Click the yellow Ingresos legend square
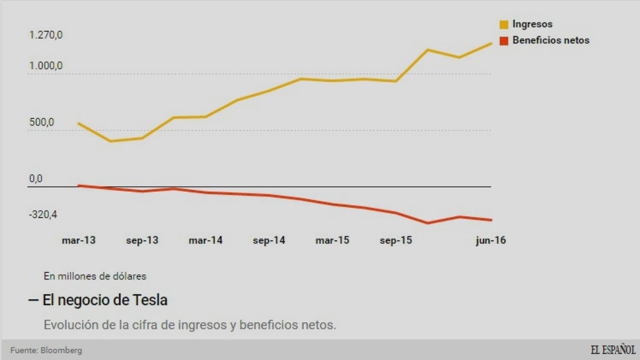[x=504, y=25]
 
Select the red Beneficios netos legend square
[x=504, y=41]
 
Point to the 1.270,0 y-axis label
[x=46, y=35]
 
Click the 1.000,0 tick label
[x=46, y=66]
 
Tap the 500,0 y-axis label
[x=42, y=122]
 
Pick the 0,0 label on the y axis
[x=36, y=179]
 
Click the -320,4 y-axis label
[x=43, y=214]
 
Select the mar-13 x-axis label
[x=79, y=240]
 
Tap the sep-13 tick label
[x=142, y=240]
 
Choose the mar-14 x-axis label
[x=206, y=240]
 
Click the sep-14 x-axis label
[x=269, y=240]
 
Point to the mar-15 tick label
[x=332, y=240]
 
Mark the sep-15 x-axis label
[x=396, y=240]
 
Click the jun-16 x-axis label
[x=491, y=240]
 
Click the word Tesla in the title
[x=150, y=300]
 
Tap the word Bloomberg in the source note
[x=61, y=350]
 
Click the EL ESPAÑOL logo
[x=613, y=350]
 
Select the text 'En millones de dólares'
[x=95, y=276]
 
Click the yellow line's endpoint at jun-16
[x=491, y=43]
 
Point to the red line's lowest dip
[x=428, y=223]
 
